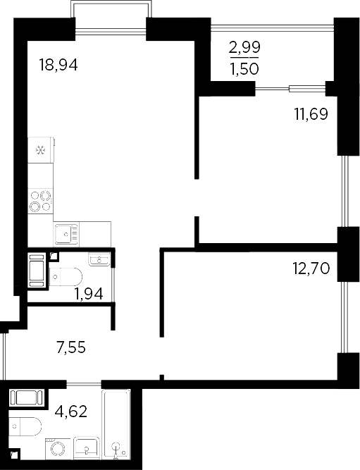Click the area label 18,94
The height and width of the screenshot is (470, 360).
click(x=58, y=66)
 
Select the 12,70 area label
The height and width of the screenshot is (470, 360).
click(x=311, y=268)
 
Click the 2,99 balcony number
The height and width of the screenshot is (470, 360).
click(x=244, y=47)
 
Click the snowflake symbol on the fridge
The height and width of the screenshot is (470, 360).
click(x=41, y=150)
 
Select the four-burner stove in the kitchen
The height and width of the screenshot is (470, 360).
click(x=41, y=202)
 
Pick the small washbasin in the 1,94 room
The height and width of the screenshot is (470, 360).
click(x=99, y=261)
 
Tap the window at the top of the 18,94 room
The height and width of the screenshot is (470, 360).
click(x=111, y=29)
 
